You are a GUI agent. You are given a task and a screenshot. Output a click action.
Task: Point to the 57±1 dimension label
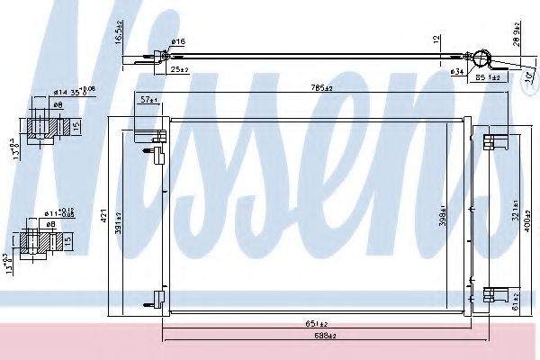[149, 101]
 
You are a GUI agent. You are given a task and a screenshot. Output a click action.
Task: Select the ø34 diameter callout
[458, 68]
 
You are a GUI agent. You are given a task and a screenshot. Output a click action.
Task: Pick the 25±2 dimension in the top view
[179, 68]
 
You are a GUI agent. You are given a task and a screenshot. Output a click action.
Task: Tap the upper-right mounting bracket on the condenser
[490, 141]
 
